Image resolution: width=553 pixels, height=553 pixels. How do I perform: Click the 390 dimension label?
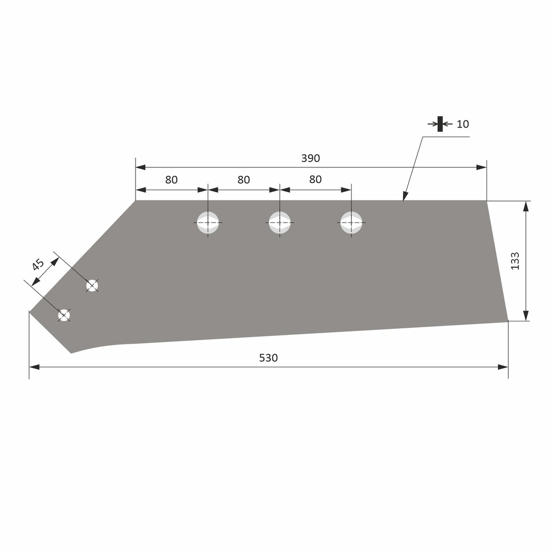pos(311,158)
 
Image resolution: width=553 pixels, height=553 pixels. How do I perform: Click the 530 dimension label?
pos(268,358)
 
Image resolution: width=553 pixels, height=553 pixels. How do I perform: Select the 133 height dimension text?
pos(515,261)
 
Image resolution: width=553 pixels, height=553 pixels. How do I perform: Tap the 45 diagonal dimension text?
pos(37,265)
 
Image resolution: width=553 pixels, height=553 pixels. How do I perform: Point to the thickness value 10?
pos(463,124)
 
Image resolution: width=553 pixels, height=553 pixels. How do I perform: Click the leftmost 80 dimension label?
pos(171,180)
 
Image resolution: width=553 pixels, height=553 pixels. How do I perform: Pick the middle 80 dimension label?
pos(244,180)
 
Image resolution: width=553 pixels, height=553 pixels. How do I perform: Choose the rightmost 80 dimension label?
pos(315,179)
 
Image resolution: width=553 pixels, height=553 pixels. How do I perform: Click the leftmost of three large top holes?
pos(208,222)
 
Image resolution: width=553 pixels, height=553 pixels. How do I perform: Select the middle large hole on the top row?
pos(280,222)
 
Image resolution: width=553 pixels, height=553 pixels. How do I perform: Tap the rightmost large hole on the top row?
pos(351,222)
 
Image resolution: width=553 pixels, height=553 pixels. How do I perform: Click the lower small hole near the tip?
pos(64,315)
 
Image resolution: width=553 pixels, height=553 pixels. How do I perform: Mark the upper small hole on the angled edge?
pos(92,285)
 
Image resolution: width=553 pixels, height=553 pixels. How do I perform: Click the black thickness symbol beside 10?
pos(440,124)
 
